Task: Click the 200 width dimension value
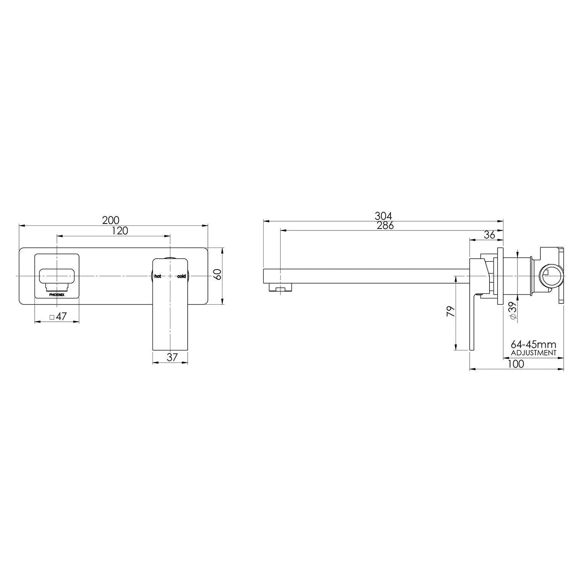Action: click(111, 221)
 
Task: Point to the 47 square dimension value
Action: click(61, 316)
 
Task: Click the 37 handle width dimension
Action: click(172, 357)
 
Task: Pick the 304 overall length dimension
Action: click(383, 216)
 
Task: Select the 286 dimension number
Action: click(385, 225)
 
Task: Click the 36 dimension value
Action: click(489, 235)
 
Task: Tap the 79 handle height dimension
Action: click(451, 311)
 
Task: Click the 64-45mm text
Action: click(533, 345)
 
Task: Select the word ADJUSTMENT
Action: click(533, 353)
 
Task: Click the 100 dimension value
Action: click(516, 364)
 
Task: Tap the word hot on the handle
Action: click(158, 276)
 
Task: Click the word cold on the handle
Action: click(182, 276)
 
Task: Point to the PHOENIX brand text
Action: click(57, 295)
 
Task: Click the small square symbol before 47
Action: click(52, 317)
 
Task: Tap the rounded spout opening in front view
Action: click(57, 276)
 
